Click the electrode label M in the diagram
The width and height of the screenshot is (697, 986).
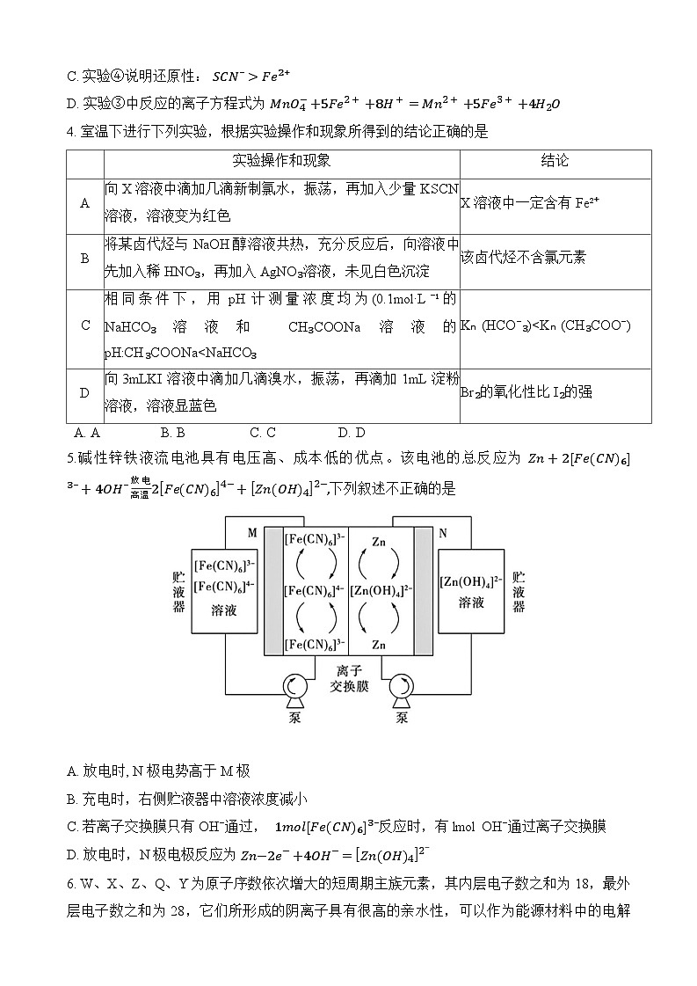(x=252, y=533)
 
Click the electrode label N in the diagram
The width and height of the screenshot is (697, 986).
(x=442, y=533)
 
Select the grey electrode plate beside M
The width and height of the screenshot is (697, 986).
(x=272, y=591)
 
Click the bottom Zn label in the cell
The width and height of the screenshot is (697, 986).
(x=379, y=645)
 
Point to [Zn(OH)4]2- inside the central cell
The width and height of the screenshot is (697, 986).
(x=379, y=591)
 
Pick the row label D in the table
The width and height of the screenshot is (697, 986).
(x=85, y=392)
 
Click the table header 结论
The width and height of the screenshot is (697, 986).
(x=554, y=161)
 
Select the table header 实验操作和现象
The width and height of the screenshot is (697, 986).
(x=281, y=161)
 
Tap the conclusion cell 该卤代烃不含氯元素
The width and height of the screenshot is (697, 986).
(x=523, y=258)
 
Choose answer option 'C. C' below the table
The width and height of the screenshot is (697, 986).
(x=263, y=433)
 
